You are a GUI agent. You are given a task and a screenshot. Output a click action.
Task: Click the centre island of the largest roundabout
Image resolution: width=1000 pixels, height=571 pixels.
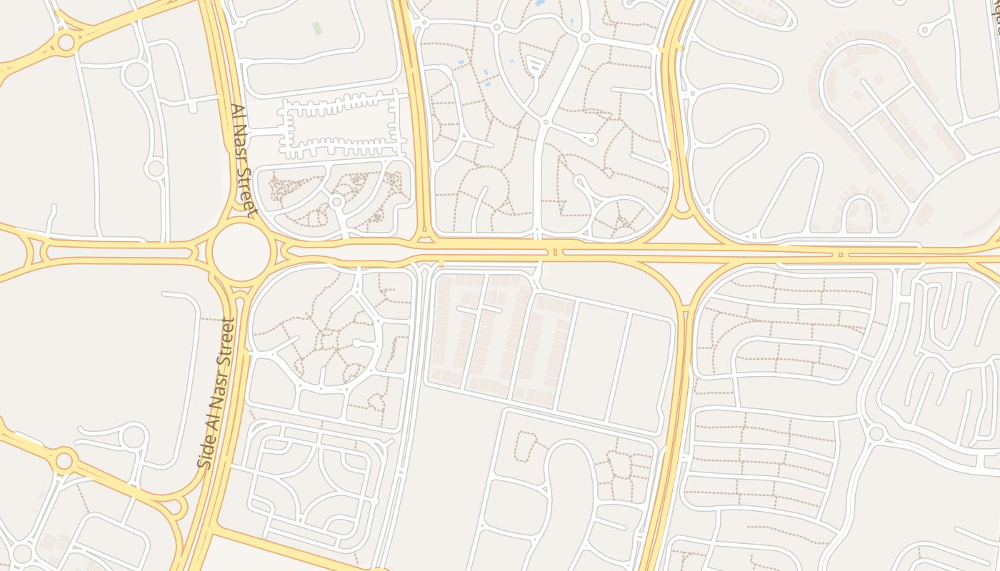[241, 251]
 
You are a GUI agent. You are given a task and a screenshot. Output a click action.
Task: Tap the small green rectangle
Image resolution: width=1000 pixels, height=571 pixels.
[316, 28]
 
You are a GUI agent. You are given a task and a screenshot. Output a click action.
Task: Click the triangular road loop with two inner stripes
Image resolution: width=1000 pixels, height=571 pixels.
[535, 67]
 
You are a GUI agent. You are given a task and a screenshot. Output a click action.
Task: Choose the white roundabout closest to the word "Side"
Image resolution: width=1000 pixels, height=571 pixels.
[134, 435]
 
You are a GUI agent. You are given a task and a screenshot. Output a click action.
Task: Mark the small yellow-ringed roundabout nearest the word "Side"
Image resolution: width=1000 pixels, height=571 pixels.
[64, 460]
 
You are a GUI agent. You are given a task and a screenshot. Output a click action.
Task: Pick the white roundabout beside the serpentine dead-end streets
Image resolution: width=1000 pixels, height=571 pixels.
[876, 433]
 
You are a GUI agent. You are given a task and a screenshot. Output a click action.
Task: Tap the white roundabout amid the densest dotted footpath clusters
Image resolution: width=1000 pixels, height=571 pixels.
[337, 202]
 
